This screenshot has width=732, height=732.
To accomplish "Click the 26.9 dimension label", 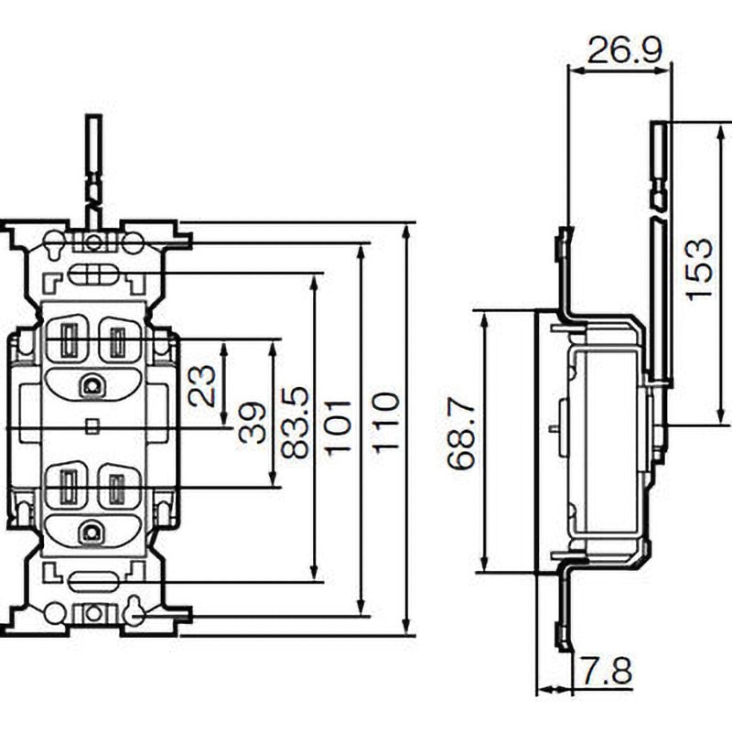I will tap(625, 49).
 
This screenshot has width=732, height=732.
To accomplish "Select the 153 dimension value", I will tap(699, 268).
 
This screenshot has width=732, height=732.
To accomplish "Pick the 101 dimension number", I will tap(339, 426).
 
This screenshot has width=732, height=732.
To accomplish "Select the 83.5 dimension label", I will tap(295, 422).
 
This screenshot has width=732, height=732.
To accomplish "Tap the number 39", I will tap(253, 422).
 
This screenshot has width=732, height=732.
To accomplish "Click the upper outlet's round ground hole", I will tap(91, 385).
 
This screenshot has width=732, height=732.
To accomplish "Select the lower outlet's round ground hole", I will tap(91, 532).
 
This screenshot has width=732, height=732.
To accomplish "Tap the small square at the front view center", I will tap(91, 425).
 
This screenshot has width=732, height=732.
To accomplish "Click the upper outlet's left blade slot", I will tap(69, 342).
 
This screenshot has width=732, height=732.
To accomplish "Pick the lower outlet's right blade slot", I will tap(116, 490).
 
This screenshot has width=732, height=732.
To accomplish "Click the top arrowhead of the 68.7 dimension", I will tap(483, 318).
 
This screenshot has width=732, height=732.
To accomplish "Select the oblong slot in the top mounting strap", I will tap(92, 274).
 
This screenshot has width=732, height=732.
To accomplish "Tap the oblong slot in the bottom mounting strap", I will tap(92, 579).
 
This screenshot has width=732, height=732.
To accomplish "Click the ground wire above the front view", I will tap(92, 160).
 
